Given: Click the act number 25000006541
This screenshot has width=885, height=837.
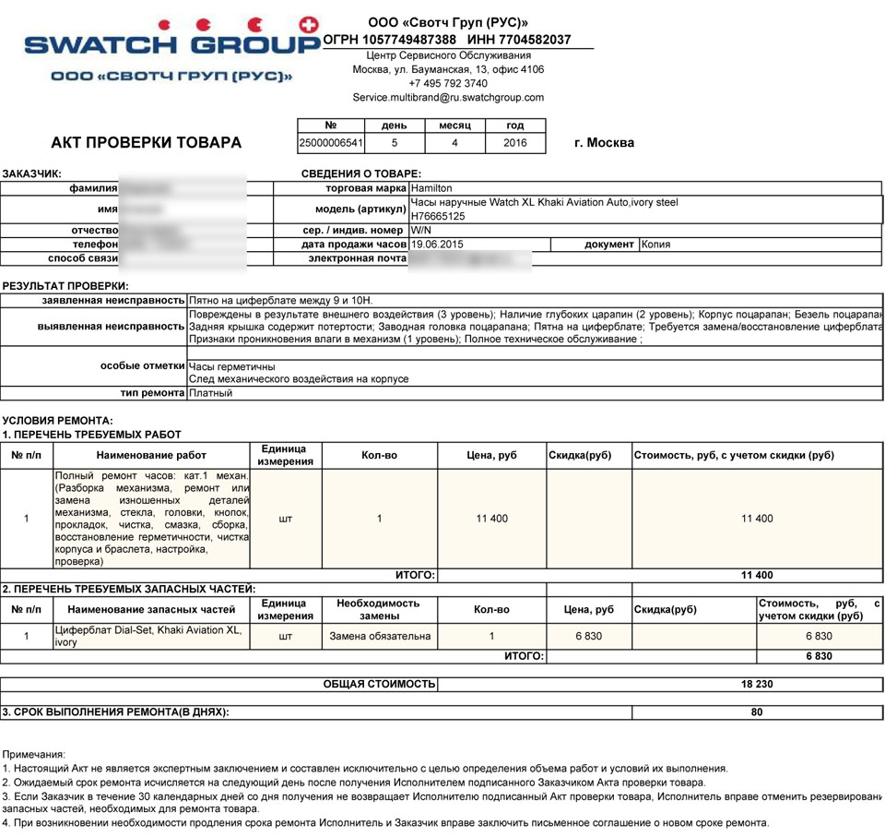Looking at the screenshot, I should (x=331, y=143).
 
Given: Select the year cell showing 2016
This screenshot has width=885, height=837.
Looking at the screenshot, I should (x=515, y=143).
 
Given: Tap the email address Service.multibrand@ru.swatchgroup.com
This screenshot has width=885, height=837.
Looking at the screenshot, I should (x=448, y=97).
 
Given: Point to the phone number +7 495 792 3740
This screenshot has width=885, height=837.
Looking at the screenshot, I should (x=448, y=83).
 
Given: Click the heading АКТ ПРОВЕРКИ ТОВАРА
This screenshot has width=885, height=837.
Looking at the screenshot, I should (x=147, y=143).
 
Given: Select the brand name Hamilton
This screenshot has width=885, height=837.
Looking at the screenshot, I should (x=431, y=188).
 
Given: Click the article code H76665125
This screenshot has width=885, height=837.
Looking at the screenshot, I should (x=438, y=216).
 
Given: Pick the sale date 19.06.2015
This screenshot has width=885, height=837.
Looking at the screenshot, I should (x=437, y=245).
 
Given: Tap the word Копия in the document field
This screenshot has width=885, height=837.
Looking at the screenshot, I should (x=655, y=245).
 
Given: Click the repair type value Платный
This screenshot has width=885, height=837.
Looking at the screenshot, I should (x=211, y=393).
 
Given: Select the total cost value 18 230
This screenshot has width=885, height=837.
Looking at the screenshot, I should (x=757, y=685).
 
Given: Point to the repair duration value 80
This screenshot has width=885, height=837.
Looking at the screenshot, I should (x=757, y=712).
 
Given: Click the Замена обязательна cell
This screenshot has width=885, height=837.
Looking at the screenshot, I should (x=379, y=636).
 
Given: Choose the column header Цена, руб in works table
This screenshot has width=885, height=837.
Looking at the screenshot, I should (x=491, y=456).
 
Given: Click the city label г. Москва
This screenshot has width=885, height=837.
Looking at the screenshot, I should (x=604, y=143).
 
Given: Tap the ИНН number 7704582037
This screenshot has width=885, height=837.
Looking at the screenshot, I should (x=532, y=40).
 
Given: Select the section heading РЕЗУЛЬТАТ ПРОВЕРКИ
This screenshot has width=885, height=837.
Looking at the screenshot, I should (x=65, y=286).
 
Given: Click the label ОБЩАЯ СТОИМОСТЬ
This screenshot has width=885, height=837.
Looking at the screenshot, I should (x=379, y=685).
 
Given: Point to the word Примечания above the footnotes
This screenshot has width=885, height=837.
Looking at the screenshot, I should (x=34, y=754).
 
